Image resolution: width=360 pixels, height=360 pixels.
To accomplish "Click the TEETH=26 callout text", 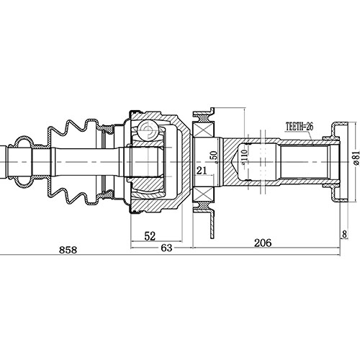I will click(299, 126).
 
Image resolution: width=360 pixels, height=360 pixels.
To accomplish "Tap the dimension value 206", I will click(262, 243).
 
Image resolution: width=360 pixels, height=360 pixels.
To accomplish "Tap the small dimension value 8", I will click(345, 234).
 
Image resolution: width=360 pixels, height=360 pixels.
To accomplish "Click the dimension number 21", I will click(202, 170).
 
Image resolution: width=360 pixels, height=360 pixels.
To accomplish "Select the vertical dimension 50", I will click(212, 156).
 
